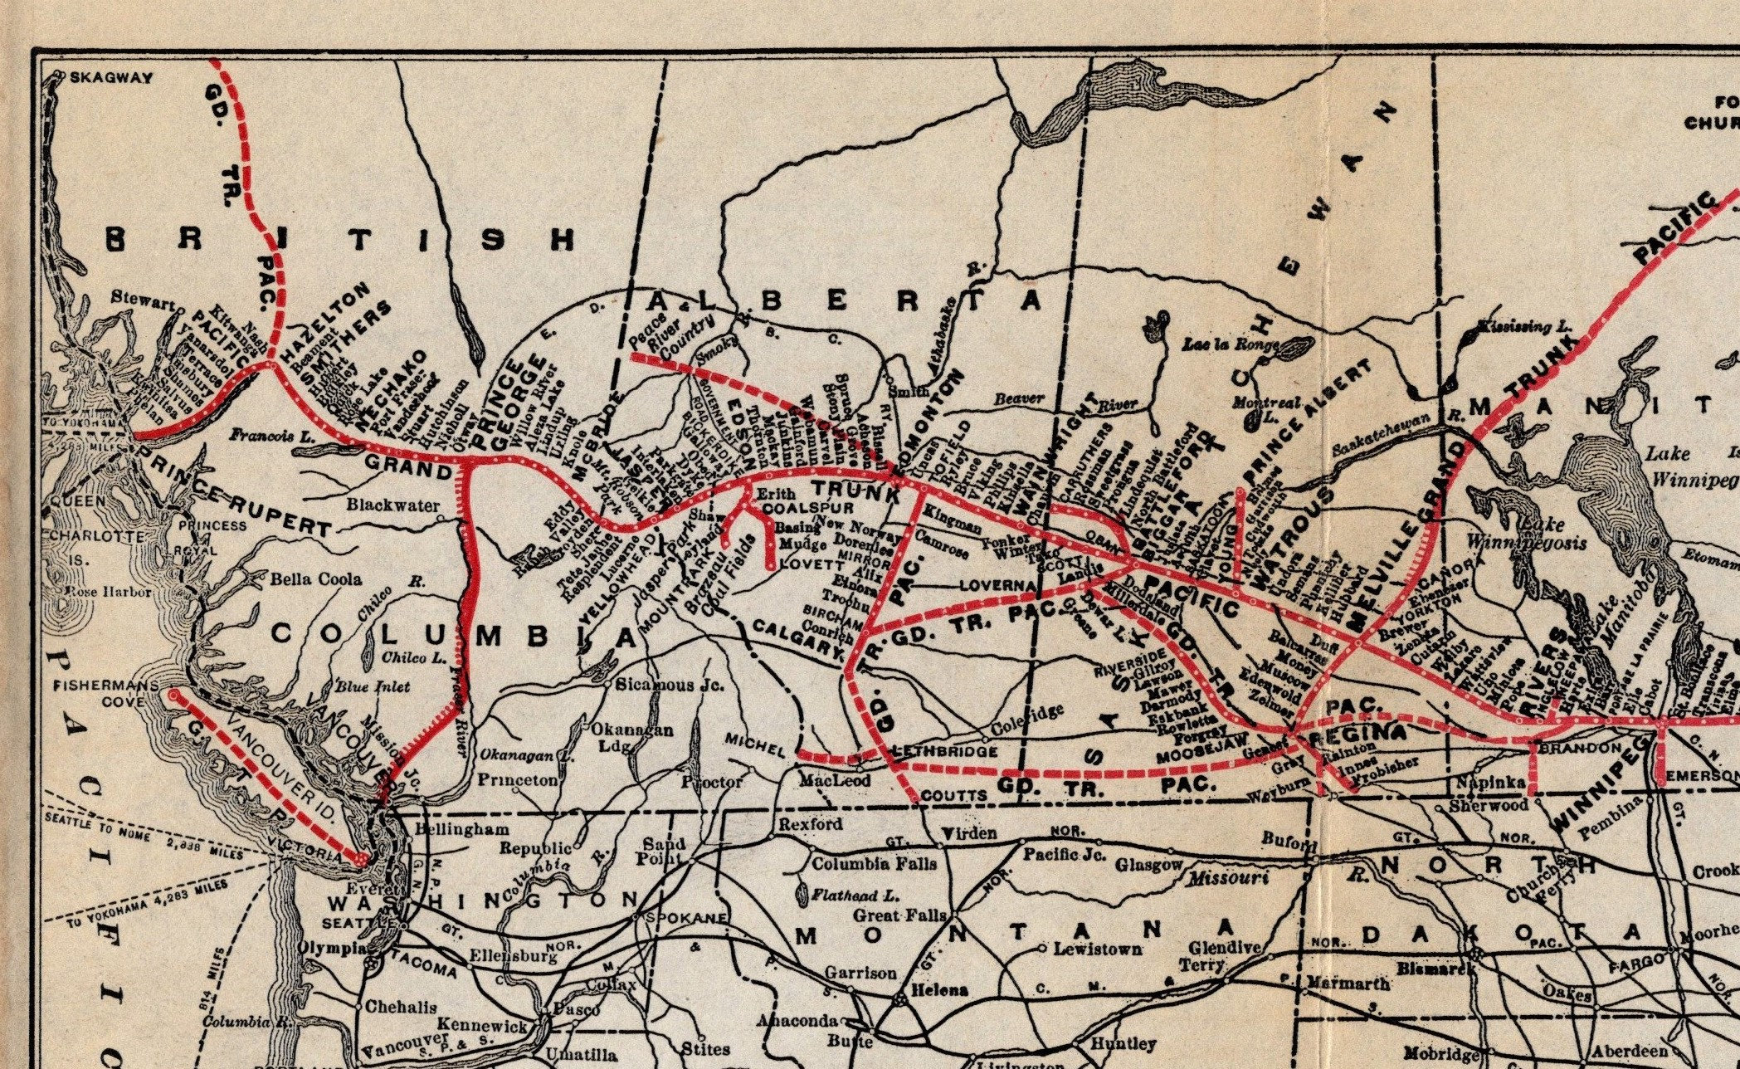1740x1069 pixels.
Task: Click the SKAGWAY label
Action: point(112,78)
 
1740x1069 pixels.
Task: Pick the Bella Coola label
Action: point(315,578)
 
